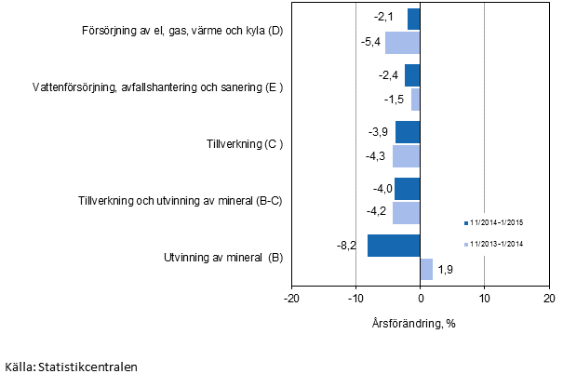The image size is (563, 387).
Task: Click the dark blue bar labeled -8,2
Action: (394, 246)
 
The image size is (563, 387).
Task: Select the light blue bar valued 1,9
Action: (426, 269)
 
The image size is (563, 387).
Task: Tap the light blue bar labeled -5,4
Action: (403, 43)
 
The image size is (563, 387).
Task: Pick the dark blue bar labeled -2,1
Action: (413, 19)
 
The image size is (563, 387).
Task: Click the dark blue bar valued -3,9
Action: (408, 132)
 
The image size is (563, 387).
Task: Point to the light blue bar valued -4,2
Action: (407, 212)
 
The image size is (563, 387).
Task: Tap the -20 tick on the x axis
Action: (291, 298)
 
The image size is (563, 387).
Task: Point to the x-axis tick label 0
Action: (421, 298)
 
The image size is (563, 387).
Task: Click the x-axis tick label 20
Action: (548, 298)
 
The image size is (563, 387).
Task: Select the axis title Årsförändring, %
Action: (421, 324)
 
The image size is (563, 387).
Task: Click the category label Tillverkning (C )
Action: (244, 144)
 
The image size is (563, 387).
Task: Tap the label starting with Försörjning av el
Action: (181, 32)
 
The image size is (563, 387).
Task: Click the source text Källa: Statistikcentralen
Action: (71, 367)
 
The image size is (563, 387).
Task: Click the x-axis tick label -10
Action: (355, 298)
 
